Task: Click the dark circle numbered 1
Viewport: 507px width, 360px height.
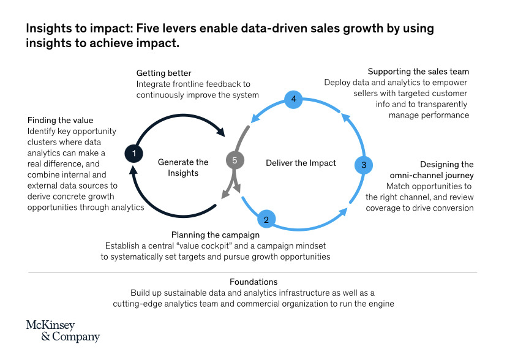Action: (x=134, y=154)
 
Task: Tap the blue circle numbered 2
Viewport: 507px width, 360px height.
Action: (x=266, y=219)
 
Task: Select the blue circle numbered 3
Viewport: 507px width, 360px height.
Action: (x=364, y=165)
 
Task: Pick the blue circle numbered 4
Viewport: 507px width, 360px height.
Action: (x=293, y=99)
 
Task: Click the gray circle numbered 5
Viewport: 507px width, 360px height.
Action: (x=235, y=160)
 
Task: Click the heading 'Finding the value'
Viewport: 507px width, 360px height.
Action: (x=60, y=120)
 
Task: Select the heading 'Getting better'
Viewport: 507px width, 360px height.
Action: (x=163, y=73)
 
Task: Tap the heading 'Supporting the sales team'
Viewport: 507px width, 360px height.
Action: (x=418, y=72)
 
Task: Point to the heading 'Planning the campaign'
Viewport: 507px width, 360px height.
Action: (x=216, y=234)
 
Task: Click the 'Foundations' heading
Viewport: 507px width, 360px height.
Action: (x=254, y=282)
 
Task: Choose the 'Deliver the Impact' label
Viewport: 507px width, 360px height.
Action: (x=301, y=163)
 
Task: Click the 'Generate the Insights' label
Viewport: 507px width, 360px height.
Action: (x=183, y=167)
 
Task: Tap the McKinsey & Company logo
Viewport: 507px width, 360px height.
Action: (x=62, y=331)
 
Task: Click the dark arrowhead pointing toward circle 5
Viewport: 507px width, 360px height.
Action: (x=221, y=131)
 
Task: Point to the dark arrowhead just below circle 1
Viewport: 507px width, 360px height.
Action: (x=133, y=170)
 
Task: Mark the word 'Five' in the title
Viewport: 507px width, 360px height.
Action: (x=147, y=28)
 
